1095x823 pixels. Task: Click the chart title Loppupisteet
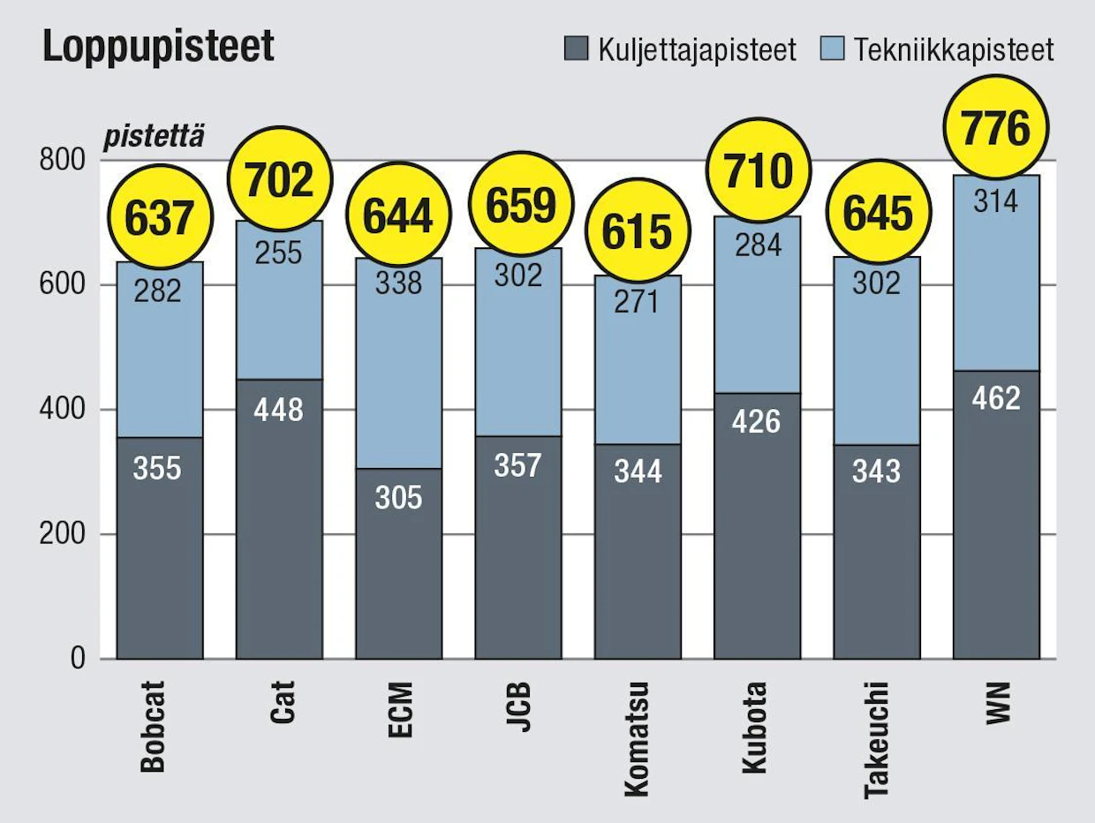coord(158,47)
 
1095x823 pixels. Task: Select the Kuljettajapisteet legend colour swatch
coord(576,49)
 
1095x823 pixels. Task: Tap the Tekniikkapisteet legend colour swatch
coord(832,49)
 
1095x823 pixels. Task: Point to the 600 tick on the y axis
coord(63,285)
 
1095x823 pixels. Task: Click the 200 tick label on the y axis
coord(63,534)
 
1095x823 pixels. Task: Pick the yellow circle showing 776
coord(996,128)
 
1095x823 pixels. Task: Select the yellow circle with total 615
coord(638,231)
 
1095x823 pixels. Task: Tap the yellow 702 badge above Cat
coord(280,178)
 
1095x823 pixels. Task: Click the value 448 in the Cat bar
coord(278,410)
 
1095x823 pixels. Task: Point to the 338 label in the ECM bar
coord(398,283)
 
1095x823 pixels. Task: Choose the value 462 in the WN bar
coord(996,398)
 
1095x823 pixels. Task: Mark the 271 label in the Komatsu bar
coord(637,302)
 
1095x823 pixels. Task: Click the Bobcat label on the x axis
coord(153,727)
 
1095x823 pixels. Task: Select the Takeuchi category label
coord(877,740)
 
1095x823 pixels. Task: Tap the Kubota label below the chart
coord(754,728)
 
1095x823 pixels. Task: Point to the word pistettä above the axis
coord(154,137)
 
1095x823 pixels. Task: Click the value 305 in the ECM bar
coord(398,497)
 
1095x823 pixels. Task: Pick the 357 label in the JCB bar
coord(517,464)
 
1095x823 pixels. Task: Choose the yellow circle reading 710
coord(759,171)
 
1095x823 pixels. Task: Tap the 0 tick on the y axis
coord(78,659)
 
